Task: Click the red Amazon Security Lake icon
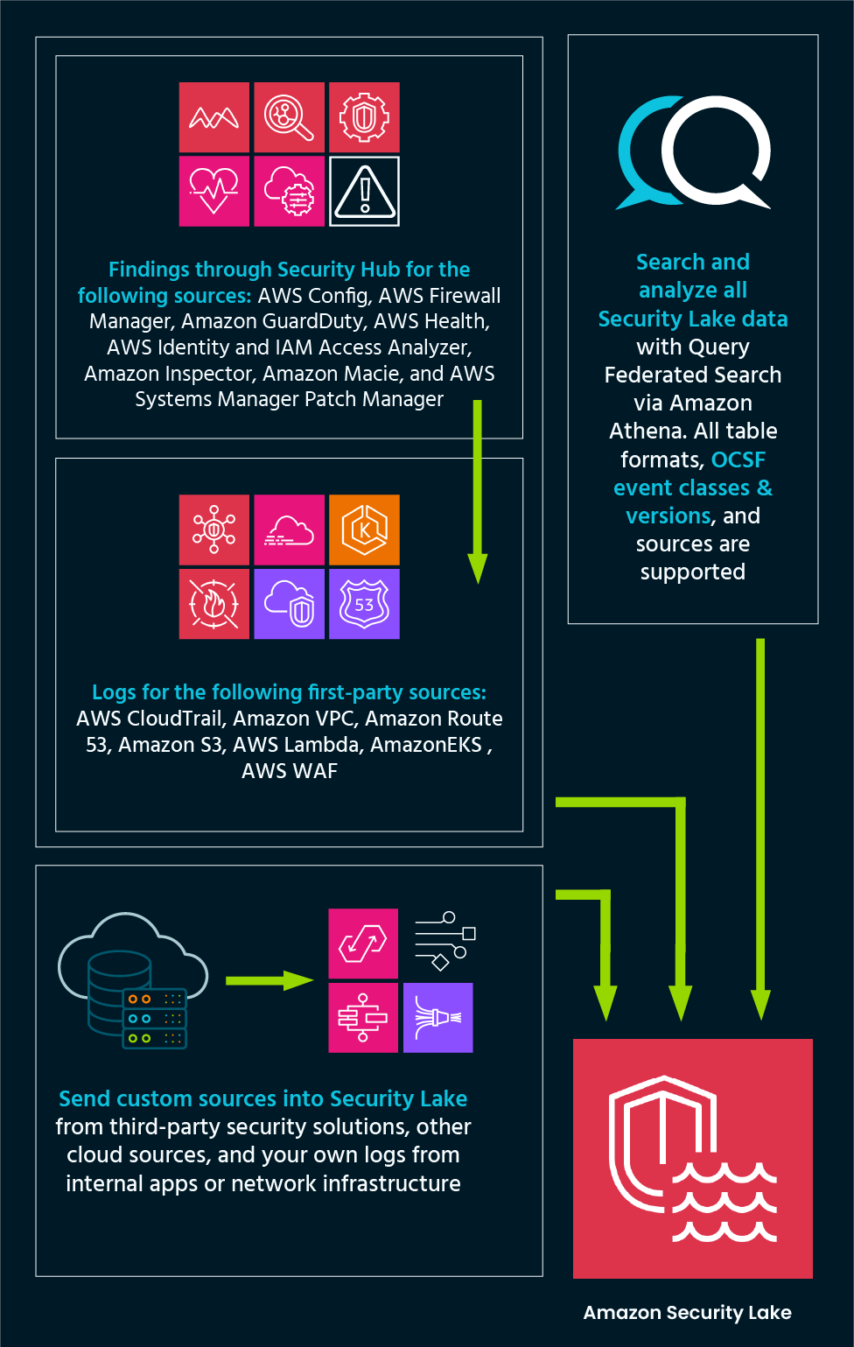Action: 692,1158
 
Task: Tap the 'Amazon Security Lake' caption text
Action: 687,1312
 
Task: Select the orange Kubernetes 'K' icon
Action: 364,530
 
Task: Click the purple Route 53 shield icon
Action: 364,604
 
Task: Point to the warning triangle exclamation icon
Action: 364,192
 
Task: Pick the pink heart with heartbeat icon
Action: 214,192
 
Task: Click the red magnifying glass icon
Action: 289,117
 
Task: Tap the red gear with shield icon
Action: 364,117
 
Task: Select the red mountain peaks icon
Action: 214,117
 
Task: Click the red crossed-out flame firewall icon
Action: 214,604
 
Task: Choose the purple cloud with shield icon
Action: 289,604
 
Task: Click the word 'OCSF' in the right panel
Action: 738,460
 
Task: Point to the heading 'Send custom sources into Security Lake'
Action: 262,1098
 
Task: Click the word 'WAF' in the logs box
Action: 316,771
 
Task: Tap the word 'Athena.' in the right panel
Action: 648,431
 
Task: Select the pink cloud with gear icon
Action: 289,192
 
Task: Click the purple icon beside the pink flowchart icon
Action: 437,1017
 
